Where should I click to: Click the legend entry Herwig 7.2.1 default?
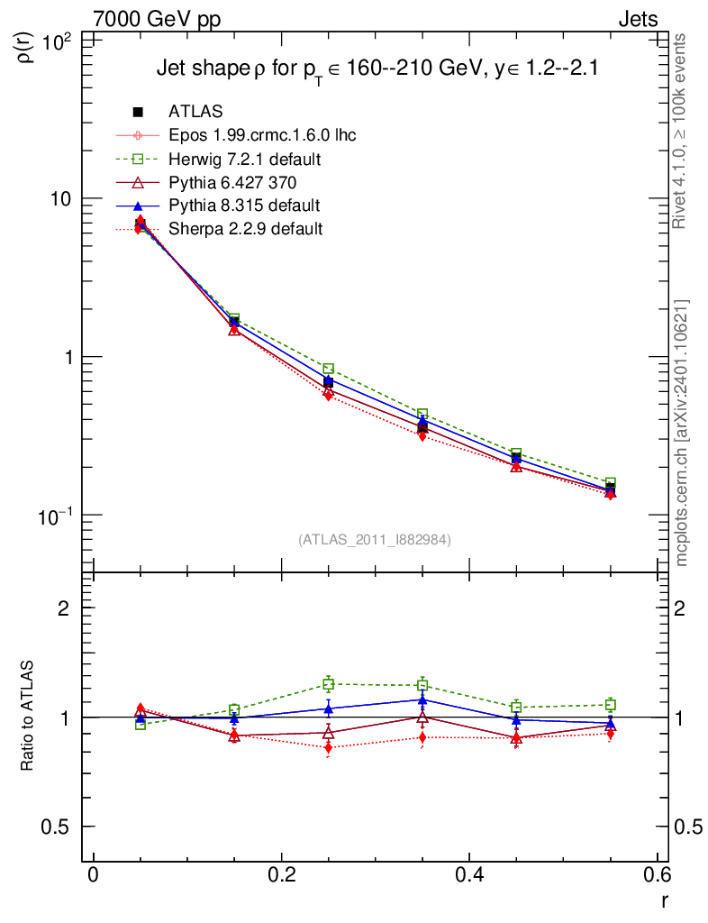[x=246, y=159]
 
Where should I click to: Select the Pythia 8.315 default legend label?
[x=244, y=206]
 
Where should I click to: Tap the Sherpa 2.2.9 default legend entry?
[x=245, y=229]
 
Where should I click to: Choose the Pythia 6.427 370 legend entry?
[x=233, y=182]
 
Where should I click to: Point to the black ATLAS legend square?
[x=139, y=112]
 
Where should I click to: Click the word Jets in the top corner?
[x=637, y=19]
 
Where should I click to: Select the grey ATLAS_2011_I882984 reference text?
[x=375, y=540]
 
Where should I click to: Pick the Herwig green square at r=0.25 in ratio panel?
[x=329, y=684]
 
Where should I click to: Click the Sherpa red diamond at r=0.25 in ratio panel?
[x=329, y=748]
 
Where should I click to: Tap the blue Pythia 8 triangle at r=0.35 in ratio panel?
[x=422, y=699]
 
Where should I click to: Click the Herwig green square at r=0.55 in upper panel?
[x=610, y=483]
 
